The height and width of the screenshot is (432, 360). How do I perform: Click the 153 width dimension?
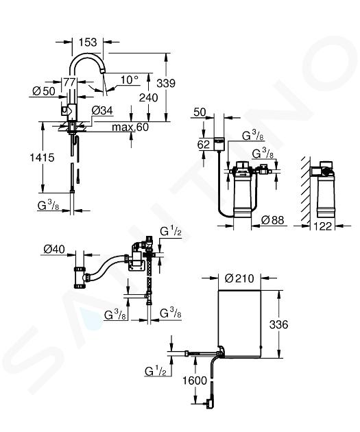(88, 42)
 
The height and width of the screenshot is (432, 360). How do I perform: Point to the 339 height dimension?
(166, 83)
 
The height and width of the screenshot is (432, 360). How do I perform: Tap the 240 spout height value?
(149, 97)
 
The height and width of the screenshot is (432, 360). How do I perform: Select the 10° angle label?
(130, 80)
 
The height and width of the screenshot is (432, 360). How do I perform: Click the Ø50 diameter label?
(44, 91)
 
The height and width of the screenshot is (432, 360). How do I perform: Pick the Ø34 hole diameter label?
(102, 110)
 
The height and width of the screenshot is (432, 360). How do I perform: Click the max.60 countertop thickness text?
(130, 127)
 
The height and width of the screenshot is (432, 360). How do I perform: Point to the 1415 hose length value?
(42, 158)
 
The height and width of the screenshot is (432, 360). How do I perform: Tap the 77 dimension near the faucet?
(69, 82)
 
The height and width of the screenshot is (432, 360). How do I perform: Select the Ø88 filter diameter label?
(272, 220)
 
